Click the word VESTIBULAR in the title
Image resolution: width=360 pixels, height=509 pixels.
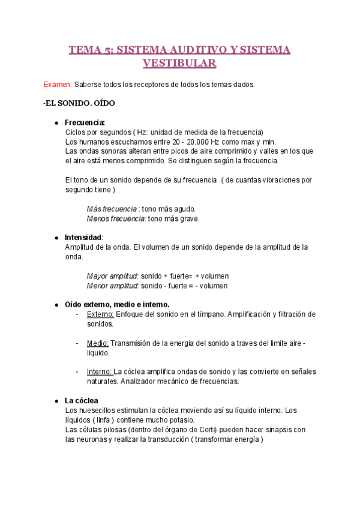(179, 62)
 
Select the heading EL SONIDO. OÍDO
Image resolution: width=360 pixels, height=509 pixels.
(80, 103)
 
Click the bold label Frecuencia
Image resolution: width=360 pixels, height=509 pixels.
(85, 122)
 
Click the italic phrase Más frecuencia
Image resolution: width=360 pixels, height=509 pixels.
(112, 209)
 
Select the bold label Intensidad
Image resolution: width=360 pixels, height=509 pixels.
(83, 238)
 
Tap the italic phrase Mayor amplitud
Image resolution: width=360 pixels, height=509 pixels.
(112, 276)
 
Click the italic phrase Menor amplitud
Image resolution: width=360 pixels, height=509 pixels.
(112, 286)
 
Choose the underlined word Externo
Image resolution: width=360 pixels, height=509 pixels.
(100, 314)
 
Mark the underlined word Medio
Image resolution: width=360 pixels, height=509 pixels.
(97, 343)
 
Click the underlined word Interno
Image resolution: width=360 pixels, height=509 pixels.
(99, 372)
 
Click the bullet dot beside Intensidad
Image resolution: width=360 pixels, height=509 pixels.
(56, 238)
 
